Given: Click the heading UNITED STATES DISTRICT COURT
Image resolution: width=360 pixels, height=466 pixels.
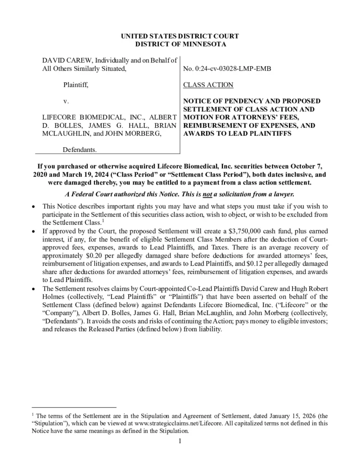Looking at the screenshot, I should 180,36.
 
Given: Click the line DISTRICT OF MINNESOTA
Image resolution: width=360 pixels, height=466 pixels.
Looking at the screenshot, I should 180,44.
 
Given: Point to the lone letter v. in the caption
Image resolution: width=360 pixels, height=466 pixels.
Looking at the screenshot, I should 66,101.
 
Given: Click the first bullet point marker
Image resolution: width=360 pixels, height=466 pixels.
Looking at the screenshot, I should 33,206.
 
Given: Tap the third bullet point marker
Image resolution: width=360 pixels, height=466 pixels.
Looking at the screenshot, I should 33,289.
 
